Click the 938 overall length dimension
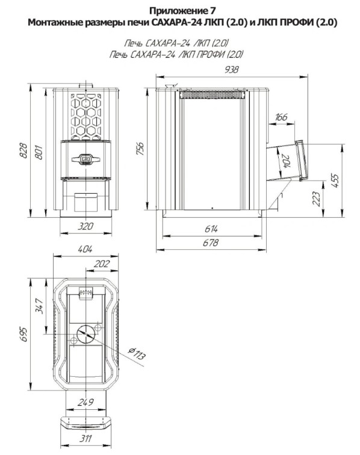pos(232,70)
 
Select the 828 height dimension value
pos(23,150)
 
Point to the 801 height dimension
pos(39,152)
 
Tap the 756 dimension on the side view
pos(140,148)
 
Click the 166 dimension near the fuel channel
pos(281,117)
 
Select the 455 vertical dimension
pos(335,181)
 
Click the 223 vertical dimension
pos(317,199)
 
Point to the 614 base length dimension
pos(211,229)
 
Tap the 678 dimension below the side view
pos(211,243)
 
